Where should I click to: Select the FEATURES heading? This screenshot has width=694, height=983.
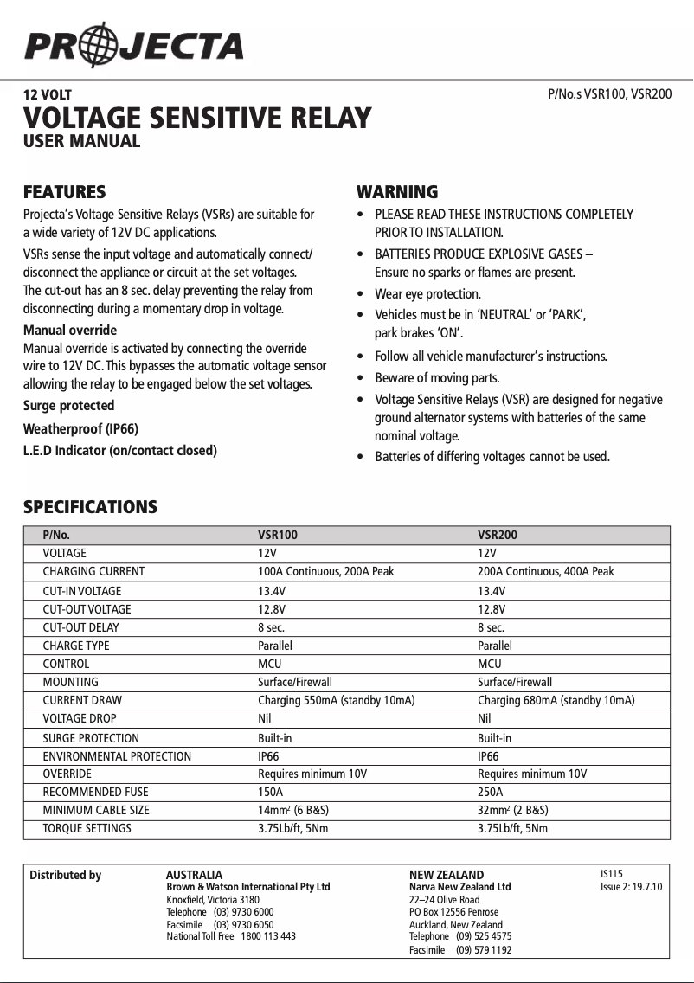tap(64, 192)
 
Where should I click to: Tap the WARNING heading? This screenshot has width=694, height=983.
tap(397, 192)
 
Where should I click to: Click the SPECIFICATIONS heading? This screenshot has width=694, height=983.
tap(90, 507)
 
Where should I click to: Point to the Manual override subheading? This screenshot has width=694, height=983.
tap(70, 331)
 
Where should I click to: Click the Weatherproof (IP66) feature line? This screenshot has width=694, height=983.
tap(80, 428)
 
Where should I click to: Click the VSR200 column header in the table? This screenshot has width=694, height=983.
tap(498, 535)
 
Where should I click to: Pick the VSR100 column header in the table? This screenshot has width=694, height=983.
tap(278, 535)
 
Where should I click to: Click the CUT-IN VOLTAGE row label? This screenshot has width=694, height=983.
tap(82, 591)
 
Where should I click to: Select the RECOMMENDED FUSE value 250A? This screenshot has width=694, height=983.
tap(490, 792)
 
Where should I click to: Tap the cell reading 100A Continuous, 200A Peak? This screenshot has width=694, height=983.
tap(326, 571)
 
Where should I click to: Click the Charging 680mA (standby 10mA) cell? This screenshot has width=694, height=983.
tap(556, 700)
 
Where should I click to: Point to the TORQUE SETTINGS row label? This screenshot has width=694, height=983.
tap(87, 828)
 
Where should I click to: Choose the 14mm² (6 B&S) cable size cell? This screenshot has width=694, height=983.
tap(293, 810)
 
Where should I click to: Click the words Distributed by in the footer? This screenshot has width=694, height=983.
tap(66, 875)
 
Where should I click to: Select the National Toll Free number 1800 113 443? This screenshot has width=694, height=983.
tap(267, 936)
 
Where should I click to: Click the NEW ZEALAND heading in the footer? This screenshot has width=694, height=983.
tap(447, 875)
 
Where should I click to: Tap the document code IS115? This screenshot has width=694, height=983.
tap(612, 874)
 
